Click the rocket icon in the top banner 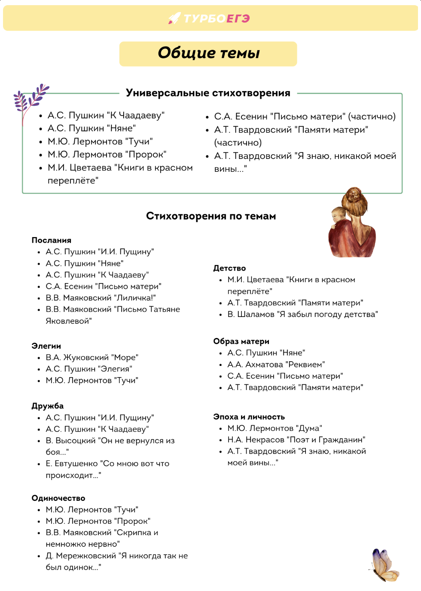tap(174, 18)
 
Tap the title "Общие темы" tap(208, 53)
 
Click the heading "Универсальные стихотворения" tap(208, 93)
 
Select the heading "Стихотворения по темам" tap(211, 216)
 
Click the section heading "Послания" tap(52, 240)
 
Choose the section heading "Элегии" tap(46, 346)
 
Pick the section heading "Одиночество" tap(58, 498)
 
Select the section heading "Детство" tap(229, 268)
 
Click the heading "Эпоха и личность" tap(249, 417)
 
